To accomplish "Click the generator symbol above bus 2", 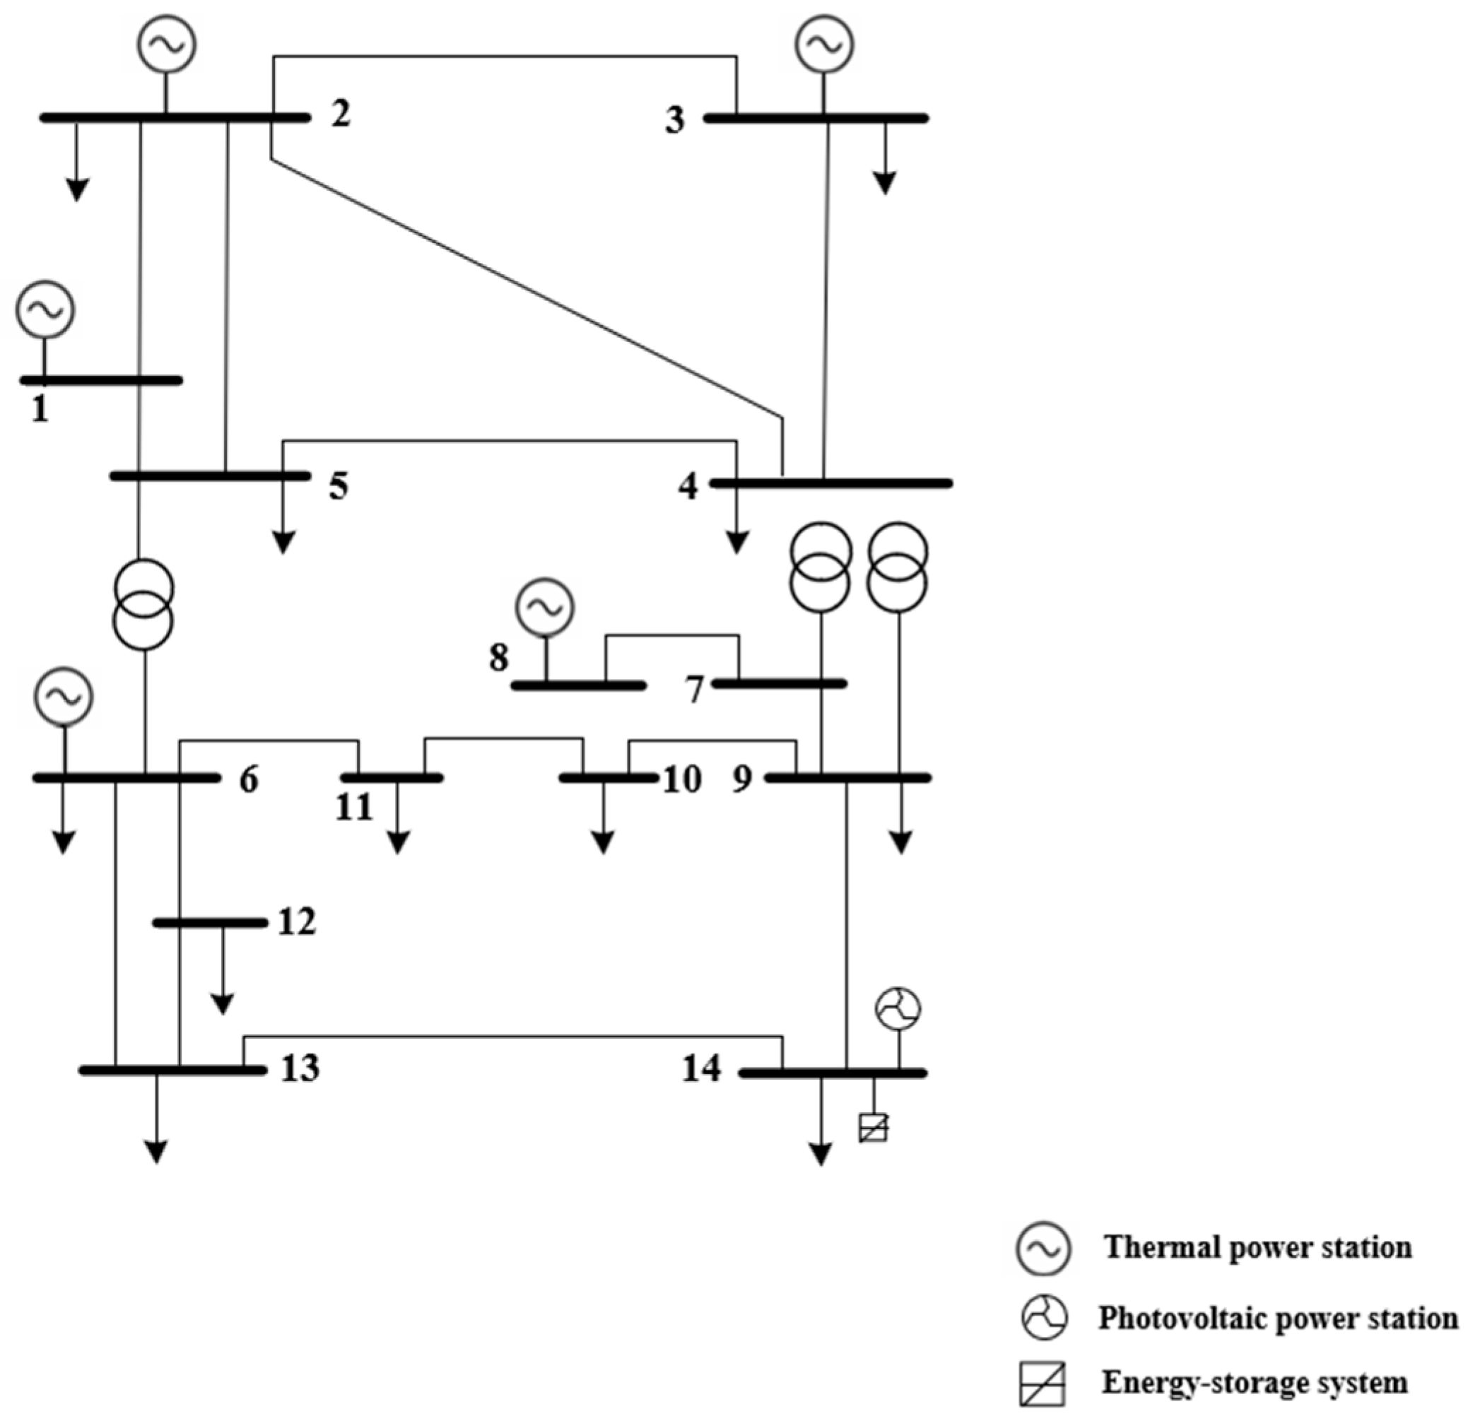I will tap(166, 45).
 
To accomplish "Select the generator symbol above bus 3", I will tap(824, 45).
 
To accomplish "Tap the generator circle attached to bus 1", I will tap(45, 309).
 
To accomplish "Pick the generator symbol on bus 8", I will tap(545, 606).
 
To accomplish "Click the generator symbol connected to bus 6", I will tap(64, 697).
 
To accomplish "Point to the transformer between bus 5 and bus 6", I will tap(143, 603).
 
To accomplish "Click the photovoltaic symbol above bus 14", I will tap(898, 1009).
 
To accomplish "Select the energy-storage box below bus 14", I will tap(874, 1128).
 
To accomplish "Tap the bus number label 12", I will tap(297, 921).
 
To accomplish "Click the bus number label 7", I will tap(695, 690).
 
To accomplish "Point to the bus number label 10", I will tap(681, 779).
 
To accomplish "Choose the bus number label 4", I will tap(688, 487).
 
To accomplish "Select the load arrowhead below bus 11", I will tap(398, 844).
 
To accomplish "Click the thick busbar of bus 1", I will tap(101, 380).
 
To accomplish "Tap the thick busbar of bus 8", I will tap(578, 685).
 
